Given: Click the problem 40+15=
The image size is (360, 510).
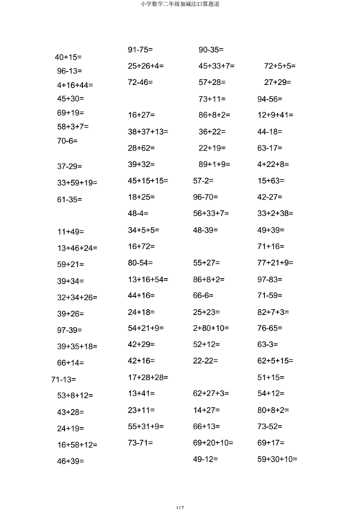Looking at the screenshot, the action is coord(68,57).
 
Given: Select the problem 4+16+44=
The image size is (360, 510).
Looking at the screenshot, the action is coord(75,84).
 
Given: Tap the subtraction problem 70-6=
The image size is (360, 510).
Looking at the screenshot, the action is coord(67,140).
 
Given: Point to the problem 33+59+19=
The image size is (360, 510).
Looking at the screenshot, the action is coord(77,183).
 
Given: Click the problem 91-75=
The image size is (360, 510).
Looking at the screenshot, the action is coord(140,50).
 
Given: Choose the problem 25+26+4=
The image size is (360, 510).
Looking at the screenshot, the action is coord(145,66).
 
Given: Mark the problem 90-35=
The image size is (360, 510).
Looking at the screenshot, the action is coord(210,50).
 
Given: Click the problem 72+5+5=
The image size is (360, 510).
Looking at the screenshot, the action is coord(279,66).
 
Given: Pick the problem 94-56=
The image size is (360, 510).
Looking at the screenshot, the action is coord(269,99).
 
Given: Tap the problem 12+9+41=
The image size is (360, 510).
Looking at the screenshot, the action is coord(275,115).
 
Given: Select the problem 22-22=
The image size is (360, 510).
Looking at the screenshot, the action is coord(210,361).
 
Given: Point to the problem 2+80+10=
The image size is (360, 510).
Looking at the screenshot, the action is coord(211,328).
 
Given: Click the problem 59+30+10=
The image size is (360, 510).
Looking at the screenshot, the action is coord(277,459).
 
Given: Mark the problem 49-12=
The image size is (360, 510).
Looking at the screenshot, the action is coord(205,459).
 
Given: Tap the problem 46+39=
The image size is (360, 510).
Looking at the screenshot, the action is coord(71,462).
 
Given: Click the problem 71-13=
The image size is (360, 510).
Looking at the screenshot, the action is coord(63,379).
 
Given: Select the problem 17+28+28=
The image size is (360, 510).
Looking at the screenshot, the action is coord(148,377).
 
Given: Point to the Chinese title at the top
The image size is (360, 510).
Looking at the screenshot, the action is coord(180,4).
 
